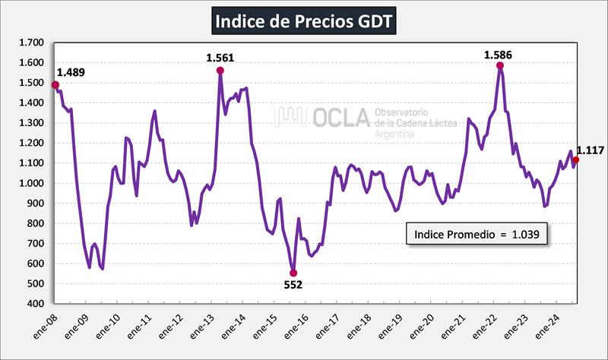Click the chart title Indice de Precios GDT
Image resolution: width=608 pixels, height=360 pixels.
[303, 21]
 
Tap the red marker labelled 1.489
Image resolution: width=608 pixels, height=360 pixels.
[55, 85]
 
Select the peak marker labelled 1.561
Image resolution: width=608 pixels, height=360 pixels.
[220, 71]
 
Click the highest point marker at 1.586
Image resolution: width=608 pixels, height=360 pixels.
[500, 65]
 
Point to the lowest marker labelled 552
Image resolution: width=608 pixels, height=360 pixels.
[293, 273]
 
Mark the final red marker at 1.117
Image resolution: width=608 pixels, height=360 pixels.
[575, 159]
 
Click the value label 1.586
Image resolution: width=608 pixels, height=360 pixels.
[499, 54]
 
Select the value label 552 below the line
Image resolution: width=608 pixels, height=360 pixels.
[293, 285]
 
